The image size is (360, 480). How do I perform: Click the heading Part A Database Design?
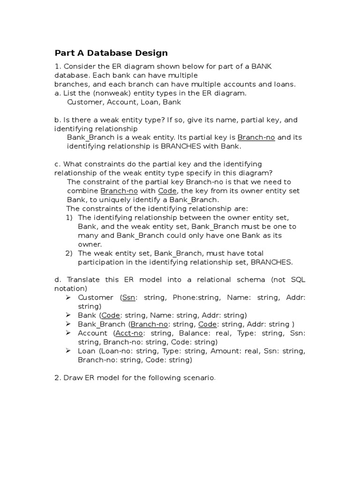111,53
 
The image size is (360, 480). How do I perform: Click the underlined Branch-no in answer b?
256,137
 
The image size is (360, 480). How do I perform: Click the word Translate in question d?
84,280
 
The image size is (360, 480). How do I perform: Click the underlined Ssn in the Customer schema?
127,298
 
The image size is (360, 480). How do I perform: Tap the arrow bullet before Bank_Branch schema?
68,324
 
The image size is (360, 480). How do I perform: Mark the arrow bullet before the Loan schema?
68,351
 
